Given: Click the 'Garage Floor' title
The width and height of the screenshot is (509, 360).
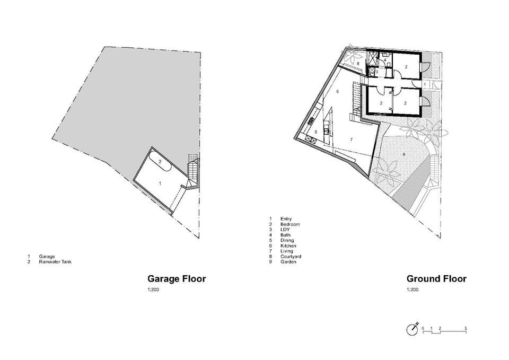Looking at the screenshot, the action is [177, 279].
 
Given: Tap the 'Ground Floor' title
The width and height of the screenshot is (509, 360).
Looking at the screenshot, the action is [436, 279].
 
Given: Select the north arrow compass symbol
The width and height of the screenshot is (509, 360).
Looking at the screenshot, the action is [413, 329].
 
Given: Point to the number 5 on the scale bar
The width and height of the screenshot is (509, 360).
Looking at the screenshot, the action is [466, 328].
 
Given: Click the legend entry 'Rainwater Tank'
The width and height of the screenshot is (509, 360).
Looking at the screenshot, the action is [55, 261].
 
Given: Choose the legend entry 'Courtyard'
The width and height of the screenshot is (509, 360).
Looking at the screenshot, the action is [291, 257].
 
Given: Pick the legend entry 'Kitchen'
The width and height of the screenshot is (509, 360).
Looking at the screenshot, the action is [288, 245].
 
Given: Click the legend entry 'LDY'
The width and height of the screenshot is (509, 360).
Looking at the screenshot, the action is [285, 230].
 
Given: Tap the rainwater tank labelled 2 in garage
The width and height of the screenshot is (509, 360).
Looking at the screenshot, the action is [160, 162].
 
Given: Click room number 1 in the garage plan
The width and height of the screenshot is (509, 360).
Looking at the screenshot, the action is [160, 184].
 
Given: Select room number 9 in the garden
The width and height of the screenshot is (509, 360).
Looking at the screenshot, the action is [404, 154].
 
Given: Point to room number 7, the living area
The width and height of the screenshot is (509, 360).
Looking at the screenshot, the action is [351, 139].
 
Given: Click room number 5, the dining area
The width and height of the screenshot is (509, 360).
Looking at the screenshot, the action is [338, 92].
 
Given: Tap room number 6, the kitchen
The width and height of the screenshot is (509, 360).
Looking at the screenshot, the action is [316, 132].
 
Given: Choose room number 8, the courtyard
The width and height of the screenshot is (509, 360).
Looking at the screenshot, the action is [358, 64].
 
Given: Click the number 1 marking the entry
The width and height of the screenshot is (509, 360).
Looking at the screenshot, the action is [425, 85].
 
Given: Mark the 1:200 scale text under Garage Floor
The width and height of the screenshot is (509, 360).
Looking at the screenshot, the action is [153, 289].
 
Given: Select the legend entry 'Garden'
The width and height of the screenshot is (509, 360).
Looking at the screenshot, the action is [288, 261].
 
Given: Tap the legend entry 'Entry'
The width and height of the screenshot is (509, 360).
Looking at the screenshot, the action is [286, 219].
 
